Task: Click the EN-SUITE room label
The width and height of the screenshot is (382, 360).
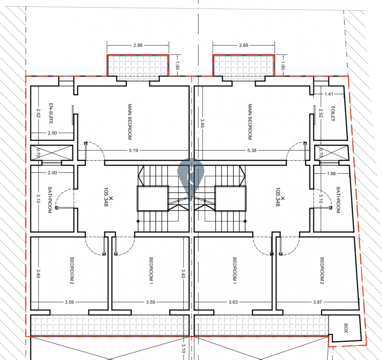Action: click(51, 113)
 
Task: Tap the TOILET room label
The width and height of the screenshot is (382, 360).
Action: click(333, 113)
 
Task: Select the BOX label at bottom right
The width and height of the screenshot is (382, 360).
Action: click(346, 328)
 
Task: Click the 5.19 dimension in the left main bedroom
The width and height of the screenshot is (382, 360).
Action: click(134, 151)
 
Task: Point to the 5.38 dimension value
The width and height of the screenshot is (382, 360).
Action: click(252, 151)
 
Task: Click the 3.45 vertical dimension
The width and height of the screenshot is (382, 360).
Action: click(202, 123)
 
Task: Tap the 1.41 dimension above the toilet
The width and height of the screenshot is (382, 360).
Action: click(329, 94)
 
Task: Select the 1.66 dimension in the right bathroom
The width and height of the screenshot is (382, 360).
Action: click(331, 173)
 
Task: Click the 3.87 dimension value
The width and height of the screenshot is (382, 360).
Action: click(318, 302)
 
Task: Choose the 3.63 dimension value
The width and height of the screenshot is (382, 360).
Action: click(233, 302)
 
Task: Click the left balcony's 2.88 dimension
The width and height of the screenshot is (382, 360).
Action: click(138, 45)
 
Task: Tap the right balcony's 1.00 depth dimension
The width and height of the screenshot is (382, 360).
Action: click(283, 65)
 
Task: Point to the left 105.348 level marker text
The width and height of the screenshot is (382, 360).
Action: click(106, 197)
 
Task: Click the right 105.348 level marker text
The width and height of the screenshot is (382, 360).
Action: click(278, 197)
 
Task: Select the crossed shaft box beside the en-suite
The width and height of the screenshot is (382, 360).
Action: click(52, 153)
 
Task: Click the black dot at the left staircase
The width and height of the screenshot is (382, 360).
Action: click(138, 221)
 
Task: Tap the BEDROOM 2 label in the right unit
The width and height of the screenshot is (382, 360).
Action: click(322, 270)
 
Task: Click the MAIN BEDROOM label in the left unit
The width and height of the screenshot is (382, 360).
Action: click(130, 122)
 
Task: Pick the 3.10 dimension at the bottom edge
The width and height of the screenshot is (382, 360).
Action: click(184, 348)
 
